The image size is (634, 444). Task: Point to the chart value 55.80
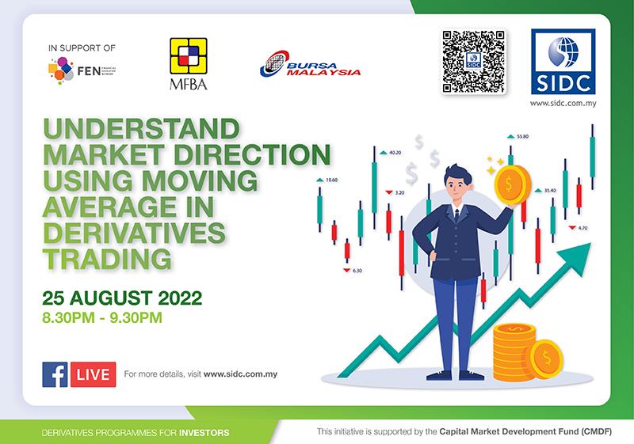522,136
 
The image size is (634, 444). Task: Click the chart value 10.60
331,180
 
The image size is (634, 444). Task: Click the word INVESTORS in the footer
204,433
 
